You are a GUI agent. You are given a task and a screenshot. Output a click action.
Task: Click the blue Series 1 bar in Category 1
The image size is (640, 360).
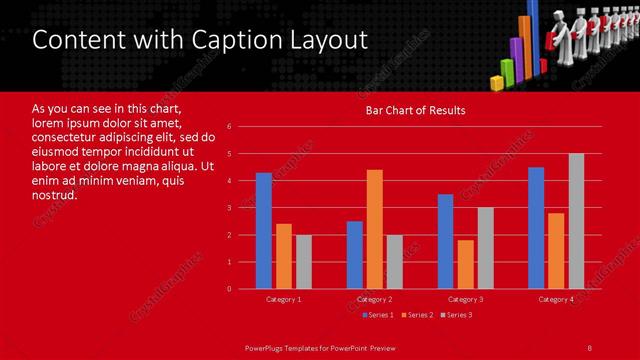pyautogui.click(x=264, y=231)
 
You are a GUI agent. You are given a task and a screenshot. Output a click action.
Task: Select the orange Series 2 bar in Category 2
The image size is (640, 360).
pyautogui.click(x=375, y=229)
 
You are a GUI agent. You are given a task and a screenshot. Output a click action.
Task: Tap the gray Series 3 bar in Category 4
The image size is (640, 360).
pyautogui.click(x=576, y=221)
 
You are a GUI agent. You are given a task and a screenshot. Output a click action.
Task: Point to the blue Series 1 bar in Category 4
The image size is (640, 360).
pyautogui.click(x=536, y=228)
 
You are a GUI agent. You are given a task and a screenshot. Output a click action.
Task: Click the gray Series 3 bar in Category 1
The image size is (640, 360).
pyautogui.click(x=303, y=262)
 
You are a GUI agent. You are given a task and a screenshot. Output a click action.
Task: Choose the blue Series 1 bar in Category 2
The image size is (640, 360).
pyautogui.click(x=355, y=255)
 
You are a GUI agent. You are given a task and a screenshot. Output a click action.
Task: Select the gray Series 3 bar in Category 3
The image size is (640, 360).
pyautogui.click(x=485, y=248)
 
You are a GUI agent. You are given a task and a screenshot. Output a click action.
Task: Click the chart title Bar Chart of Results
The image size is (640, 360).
pyautogui.click(x=415, y=110)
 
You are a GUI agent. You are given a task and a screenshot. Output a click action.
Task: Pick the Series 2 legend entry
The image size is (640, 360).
pyautogui.click(x=417, y=315)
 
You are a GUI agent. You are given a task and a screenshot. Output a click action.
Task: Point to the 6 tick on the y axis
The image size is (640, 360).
pyautogui.click(x=229, y=127)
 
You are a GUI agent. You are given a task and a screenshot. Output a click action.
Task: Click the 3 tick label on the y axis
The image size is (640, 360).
pyautogui.click(x=229, y=208)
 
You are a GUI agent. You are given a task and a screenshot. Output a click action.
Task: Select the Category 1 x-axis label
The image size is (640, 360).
pyautogui.click(x=284, y=299)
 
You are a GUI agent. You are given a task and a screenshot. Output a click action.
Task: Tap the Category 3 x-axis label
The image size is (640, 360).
pyautogui.click(x=465, y=299)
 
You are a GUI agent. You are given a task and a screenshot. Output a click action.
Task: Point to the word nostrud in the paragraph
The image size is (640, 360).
pyautogui.click(x=54, y=195)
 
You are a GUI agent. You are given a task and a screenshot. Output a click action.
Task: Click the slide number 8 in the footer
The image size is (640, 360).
pyautogui.click(x=590, y=347)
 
